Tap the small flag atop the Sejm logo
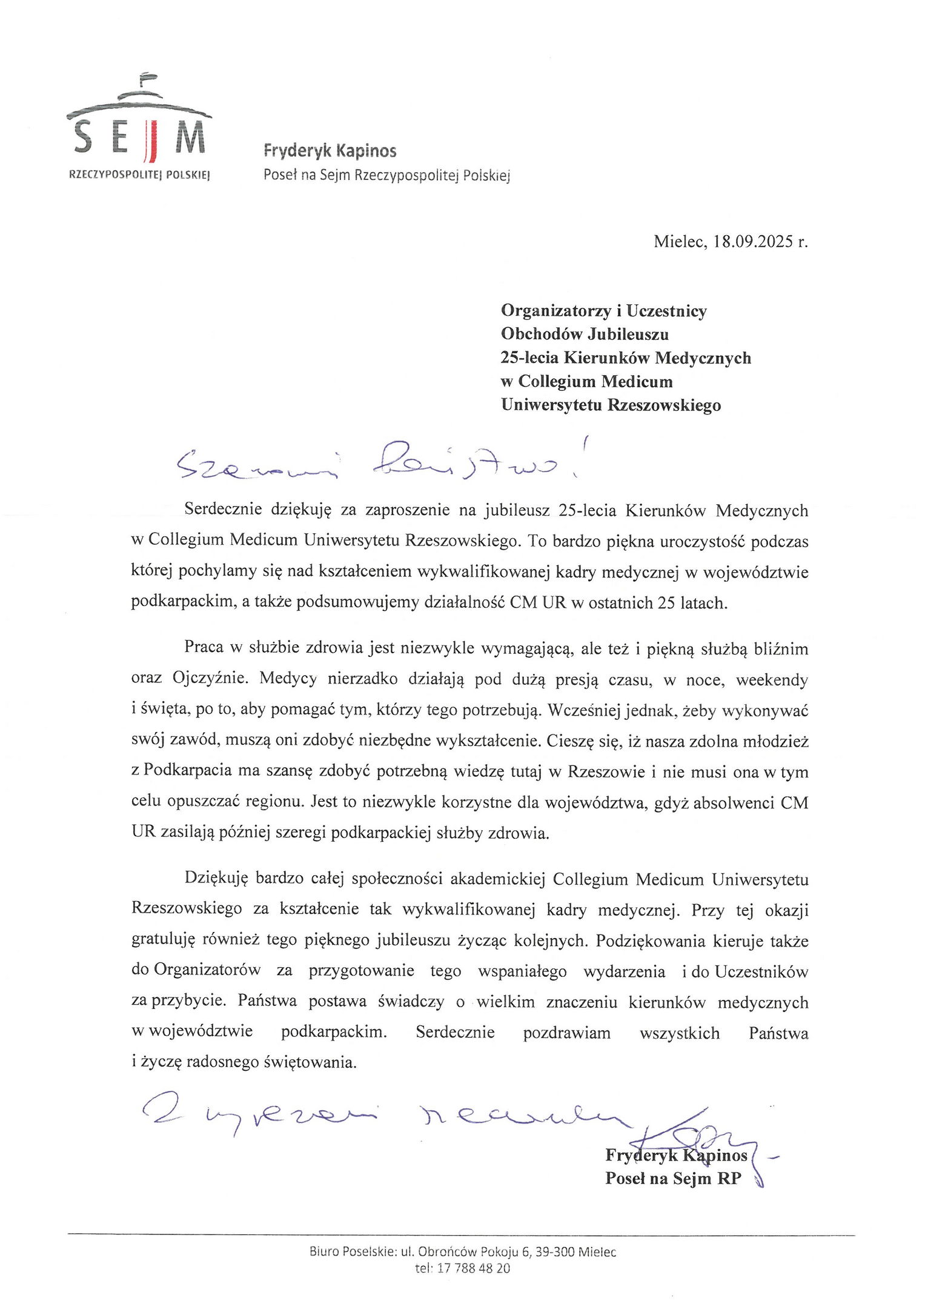pyautogui.click(x=146, y=77)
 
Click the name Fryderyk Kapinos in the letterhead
pyautogui.click(x=330, y=151)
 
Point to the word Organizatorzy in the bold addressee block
pyautogui.click(x=556, y=311)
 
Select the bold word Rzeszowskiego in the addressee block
pyautogui.click(x=664, y=405)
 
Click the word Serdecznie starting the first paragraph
pyautogui.click(x=223, y=510)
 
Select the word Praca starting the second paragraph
pyautogui.click(x=204, y=648)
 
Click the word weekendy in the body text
pyautogui.click(x=772, y=680)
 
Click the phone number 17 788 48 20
pyautogui.click(x=473, y=1268)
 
